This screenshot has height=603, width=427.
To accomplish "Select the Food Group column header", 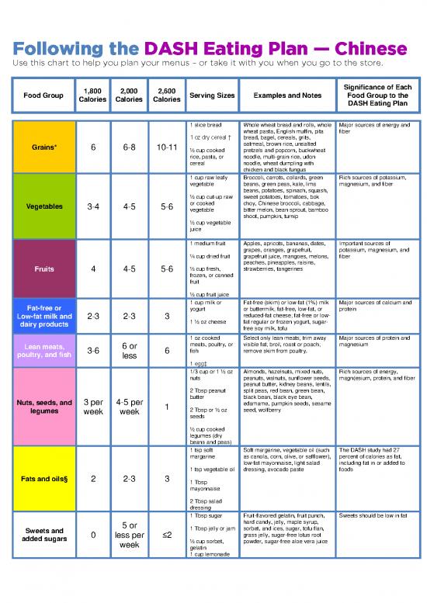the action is (43, 95).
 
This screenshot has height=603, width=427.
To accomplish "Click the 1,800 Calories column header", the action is (92, 95).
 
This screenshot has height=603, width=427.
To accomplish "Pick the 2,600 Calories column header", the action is (167, 95).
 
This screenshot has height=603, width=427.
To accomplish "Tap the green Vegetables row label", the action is (43, 207).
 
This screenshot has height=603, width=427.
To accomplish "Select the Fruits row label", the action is (43, 270).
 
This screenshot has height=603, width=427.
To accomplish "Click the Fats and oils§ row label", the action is (43, 478).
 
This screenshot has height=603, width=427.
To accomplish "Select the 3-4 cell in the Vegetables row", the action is (92, 207).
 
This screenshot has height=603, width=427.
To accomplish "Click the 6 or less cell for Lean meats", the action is (130, 352).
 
